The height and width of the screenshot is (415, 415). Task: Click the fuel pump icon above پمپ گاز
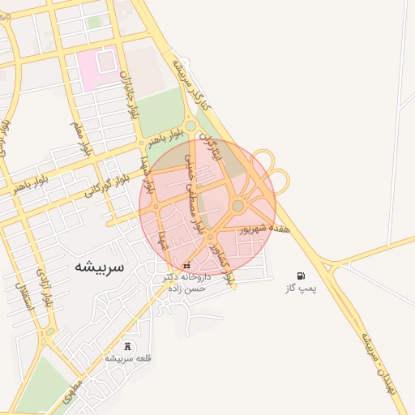coord(302,276)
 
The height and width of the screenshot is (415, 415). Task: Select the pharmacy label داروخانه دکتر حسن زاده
coord(186,282)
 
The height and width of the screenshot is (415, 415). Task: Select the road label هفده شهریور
coord(266,229)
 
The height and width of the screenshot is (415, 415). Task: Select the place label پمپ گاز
coord(302,288)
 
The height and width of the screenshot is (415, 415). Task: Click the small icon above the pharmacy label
coord(187,266)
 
